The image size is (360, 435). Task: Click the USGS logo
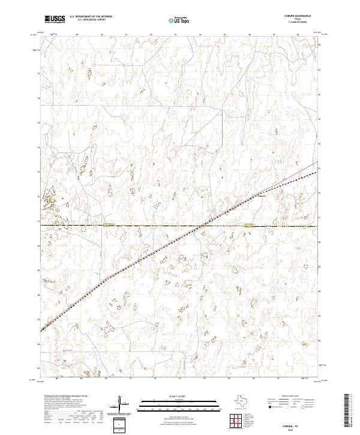(55, 19)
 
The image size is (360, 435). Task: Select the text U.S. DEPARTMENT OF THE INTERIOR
(91, 17)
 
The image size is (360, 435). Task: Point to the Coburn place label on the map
(262, 196)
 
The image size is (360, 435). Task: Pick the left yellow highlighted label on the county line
(108, 226)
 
